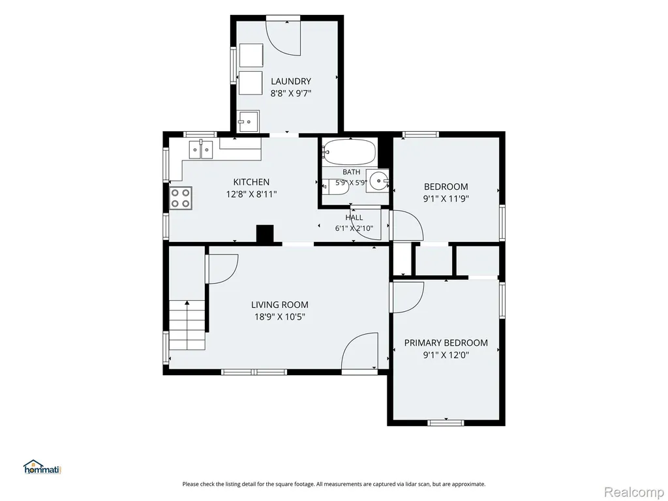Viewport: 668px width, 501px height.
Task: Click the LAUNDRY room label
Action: (x=291, y=81)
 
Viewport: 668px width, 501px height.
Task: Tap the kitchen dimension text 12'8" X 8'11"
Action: (x=251, y=194)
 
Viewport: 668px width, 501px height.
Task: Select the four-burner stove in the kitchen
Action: (x=181, y=198)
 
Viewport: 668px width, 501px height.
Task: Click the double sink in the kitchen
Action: (x=201, y=149)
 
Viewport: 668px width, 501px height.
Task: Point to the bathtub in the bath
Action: (x=349, y=152)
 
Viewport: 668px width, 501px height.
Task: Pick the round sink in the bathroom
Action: (x=379, y=181)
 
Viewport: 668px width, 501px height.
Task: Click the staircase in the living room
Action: (x=187, y=325)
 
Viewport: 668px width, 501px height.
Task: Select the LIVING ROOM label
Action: (x=279, y=305)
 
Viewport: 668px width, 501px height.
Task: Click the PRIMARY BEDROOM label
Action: (x=446, y=342)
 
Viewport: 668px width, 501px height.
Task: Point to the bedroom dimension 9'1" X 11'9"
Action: (x=446, y=198)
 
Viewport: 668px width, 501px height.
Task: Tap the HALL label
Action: (x=354, y=217)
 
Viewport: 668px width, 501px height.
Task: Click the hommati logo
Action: (x=42, y=467)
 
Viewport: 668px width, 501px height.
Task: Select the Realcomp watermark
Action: (x=634, y=492)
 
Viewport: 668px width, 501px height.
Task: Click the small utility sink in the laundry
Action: (x=249, y=121)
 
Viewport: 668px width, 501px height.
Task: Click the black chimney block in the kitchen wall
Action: (x=265, y=234)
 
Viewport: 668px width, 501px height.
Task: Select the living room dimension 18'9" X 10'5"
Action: (x=280, y=317)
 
